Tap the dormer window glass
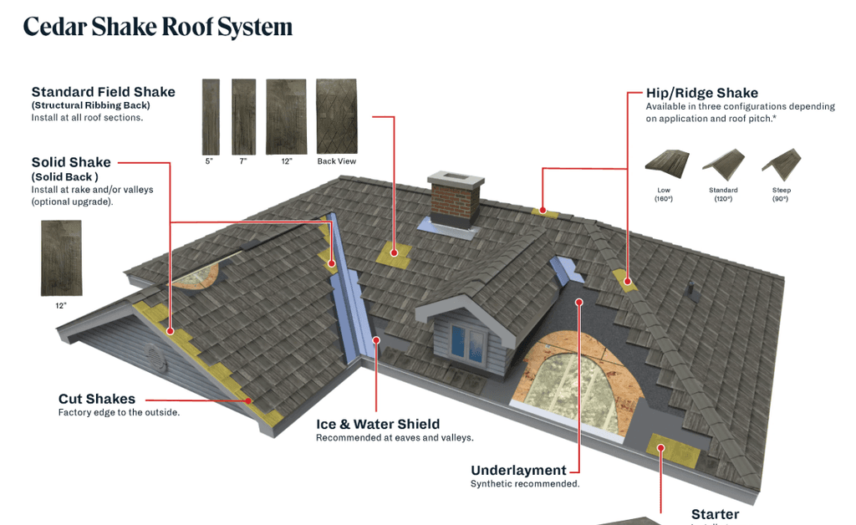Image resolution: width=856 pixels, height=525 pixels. point(467,339)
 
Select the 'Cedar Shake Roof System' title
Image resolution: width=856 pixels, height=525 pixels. point(158,27)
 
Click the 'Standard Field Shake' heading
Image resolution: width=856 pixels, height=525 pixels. point(103,92)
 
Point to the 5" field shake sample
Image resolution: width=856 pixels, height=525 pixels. point(211,117)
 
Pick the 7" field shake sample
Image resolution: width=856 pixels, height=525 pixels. point(243,117)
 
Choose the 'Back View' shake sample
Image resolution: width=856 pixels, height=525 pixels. point(337,117)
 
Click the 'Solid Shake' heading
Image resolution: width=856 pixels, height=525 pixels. point(71,162)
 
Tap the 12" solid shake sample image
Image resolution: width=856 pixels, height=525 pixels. point(61,257)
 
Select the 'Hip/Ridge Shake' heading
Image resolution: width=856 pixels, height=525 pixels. point(701,93)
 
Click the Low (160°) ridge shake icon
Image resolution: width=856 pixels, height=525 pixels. point(664,162)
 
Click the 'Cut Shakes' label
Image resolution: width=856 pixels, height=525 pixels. point(96,399)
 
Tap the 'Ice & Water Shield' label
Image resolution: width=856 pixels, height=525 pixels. point(377,424)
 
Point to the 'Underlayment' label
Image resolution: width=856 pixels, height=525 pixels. point(518,470)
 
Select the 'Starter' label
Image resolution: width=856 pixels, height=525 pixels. point(715,514)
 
